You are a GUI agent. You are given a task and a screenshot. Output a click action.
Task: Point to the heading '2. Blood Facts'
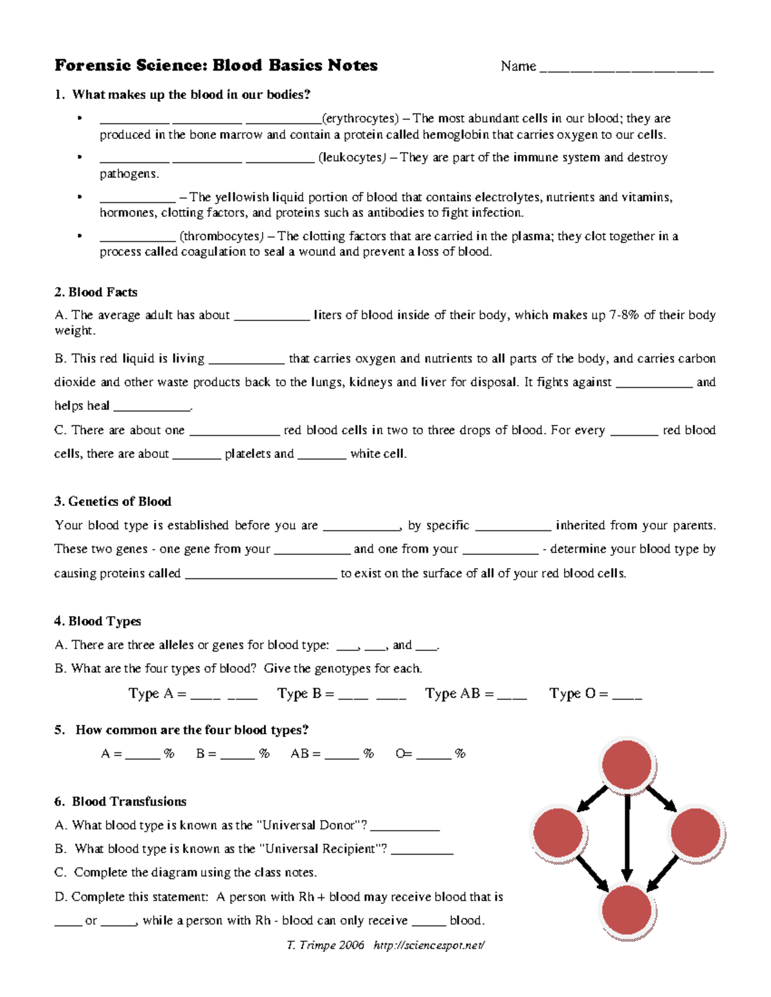tap(96, 292)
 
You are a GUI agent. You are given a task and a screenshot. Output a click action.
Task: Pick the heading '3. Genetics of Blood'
tap(112, 501)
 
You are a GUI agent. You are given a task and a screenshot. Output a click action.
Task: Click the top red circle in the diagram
tap(627, 765)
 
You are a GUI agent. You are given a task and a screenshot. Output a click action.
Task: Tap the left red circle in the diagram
tap(558, 833)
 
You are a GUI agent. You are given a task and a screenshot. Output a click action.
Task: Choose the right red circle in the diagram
tap(695, 833)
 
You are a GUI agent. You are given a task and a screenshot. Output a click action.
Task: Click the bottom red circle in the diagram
tap(627, 910)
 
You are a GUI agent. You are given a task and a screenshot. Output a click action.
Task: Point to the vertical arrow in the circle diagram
tap(627, 838)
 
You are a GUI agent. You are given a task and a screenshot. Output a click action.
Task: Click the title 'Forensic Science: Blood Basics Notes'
tap(216, 65)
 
